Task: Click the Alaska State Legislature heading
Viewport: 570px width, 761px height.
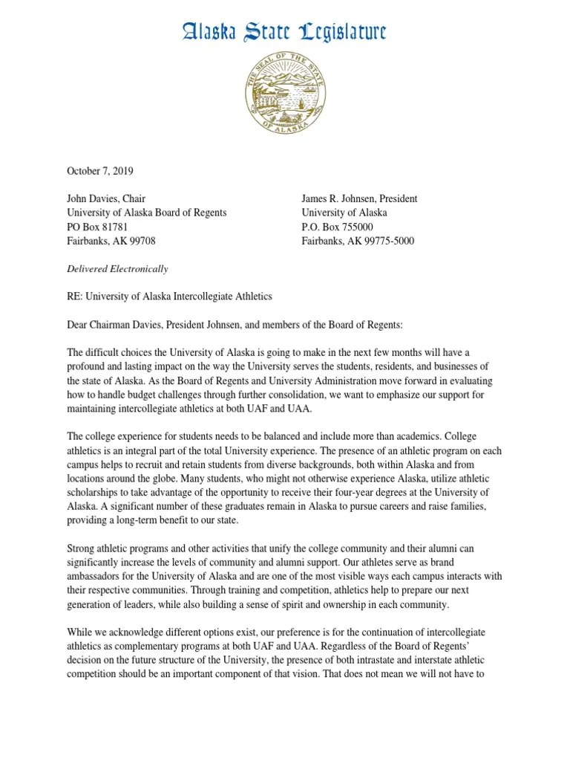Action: coord(284,32)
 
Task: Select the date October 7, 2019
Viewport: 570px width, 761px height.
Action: coord(100,171)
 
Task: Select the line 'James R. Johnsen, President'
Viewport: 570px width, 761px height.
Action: coord(358,198)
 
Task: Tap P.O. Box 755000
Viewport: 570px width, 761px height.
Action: coord(337,227)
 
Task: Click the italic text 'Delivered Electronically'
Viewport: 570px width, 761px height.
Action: coord(117,268)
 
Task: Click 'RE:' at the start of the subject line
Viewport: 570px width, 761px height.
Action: coord(75,297)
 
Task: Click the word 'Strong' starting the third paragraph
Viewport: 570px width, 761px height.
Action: coord(82,548)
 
